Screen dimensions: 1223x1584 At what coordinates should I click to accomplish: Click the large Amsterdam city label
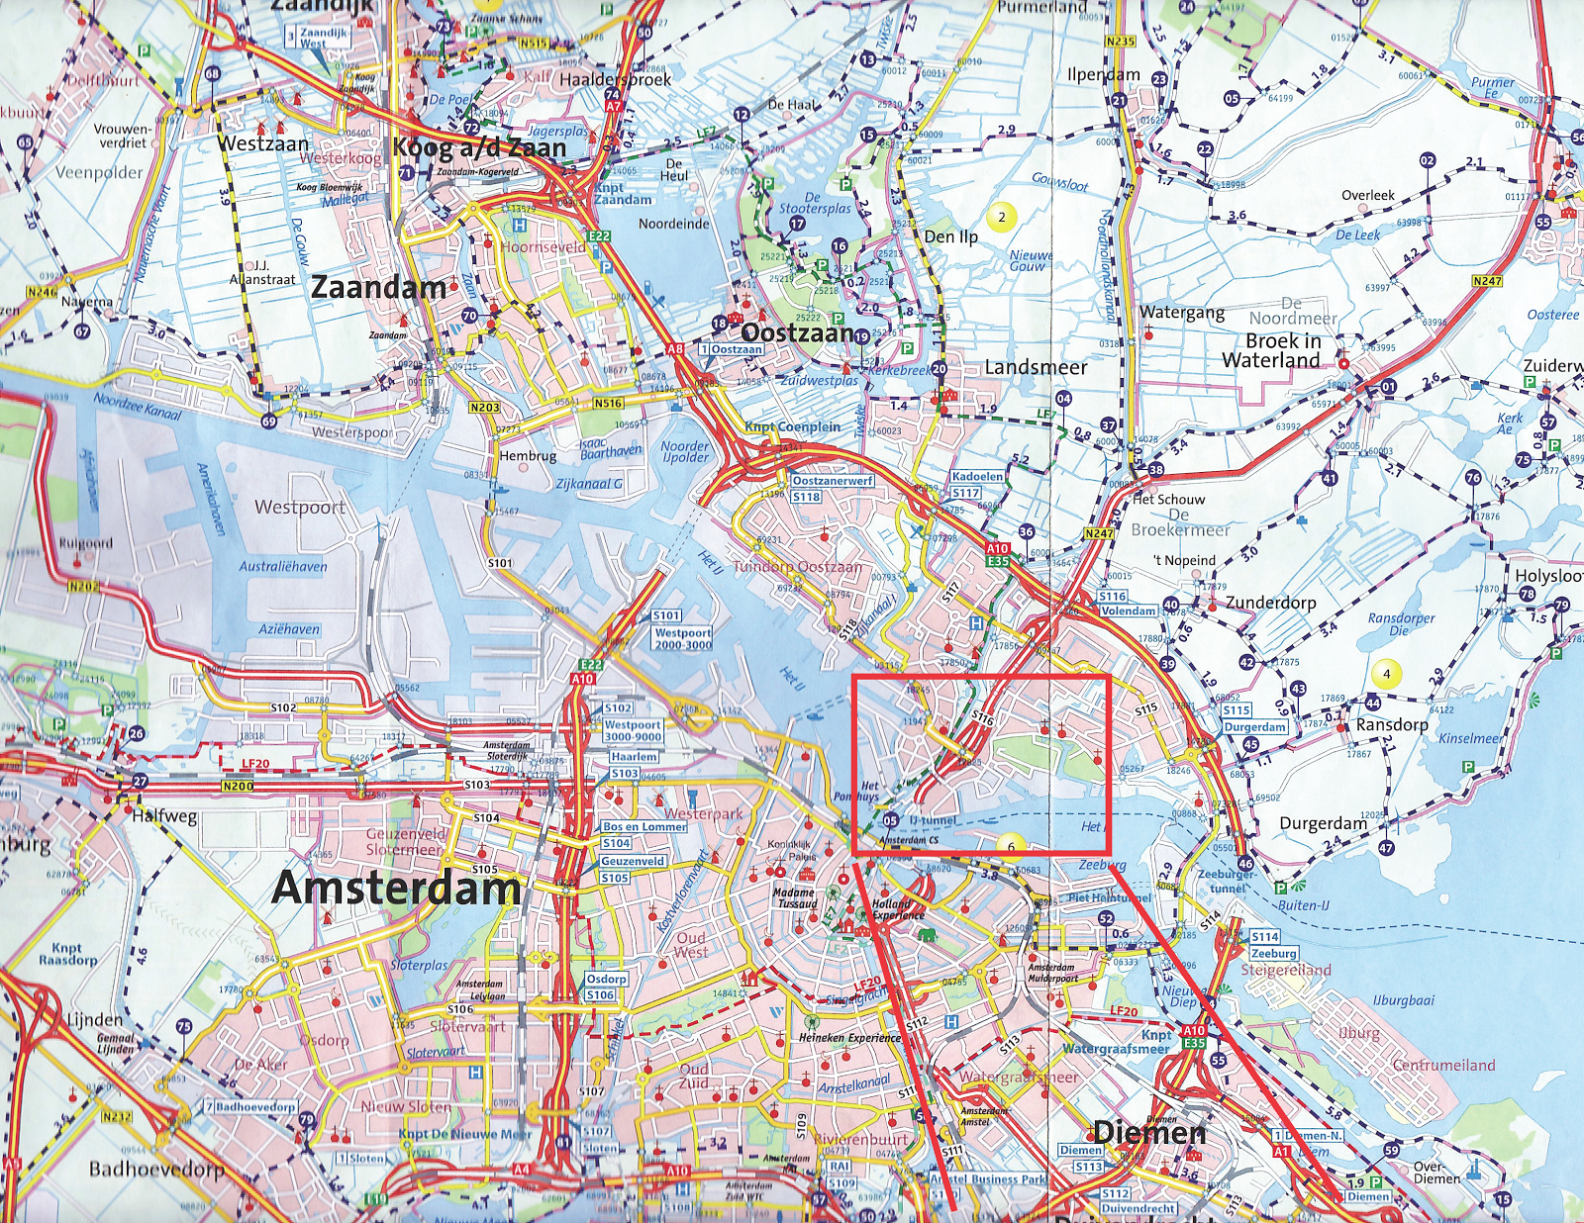[x=396, y=888]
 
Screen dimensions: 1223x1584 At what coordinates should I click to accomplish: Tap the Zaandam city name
[x=378, y=288]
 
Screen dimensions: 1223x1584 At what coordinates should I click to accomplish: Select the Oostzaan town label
[x=797, y=332]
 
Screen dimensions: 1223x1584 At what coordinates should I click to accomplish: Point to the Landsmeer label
[x=1036, y=367]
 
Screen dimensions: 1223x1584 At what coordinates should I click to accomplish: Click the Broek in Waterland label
[x=1282, y=350]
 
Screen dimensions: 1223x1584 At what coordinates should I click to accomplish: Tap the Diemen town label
[x=1149, y=1132]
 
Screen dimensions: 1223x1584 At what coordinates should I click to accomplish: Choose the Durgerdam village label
[x=1323, y=822]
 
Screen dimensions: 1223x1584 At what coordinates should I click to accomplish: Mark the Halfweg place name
[x=164, y=816]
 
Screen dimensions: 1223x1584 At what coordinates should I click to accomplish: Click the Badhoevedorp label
[x=156, y=1169]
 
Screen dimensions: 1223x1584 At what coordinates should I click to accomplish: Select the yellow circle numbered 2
[x=1002, y=217]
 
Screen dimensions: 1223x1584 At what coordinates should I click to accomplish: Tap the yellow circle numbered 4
[x=1386, y=674]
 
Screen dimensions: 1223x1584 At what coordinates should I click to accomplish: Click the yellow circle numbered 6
[x=1011, y=846]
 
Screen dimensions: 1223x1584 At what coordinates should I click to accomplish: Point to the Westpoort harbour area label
[x=300, y=507]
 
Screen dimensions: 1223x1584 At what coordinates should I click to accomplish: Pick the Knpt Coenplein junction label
[x=792, y=426]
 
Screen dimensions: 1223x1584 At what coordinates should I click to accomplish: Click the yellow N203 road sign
[x=485, y=407]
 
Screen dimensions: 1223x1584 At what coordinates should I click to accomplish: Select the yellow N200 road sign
[x=238, y=786]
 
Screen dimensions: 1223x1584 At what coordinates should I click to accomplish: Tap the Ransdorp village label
[x=1391, y=724]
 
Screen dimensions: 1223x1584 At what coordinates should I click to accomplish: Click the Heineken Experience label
[x=849, y=1038]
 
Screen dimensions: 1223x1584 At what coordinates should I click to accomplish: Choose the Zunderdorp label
[x=1270, y=602]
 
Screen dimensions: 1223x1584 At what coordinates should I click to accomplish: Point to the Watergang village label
[x=1181, y=313]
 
